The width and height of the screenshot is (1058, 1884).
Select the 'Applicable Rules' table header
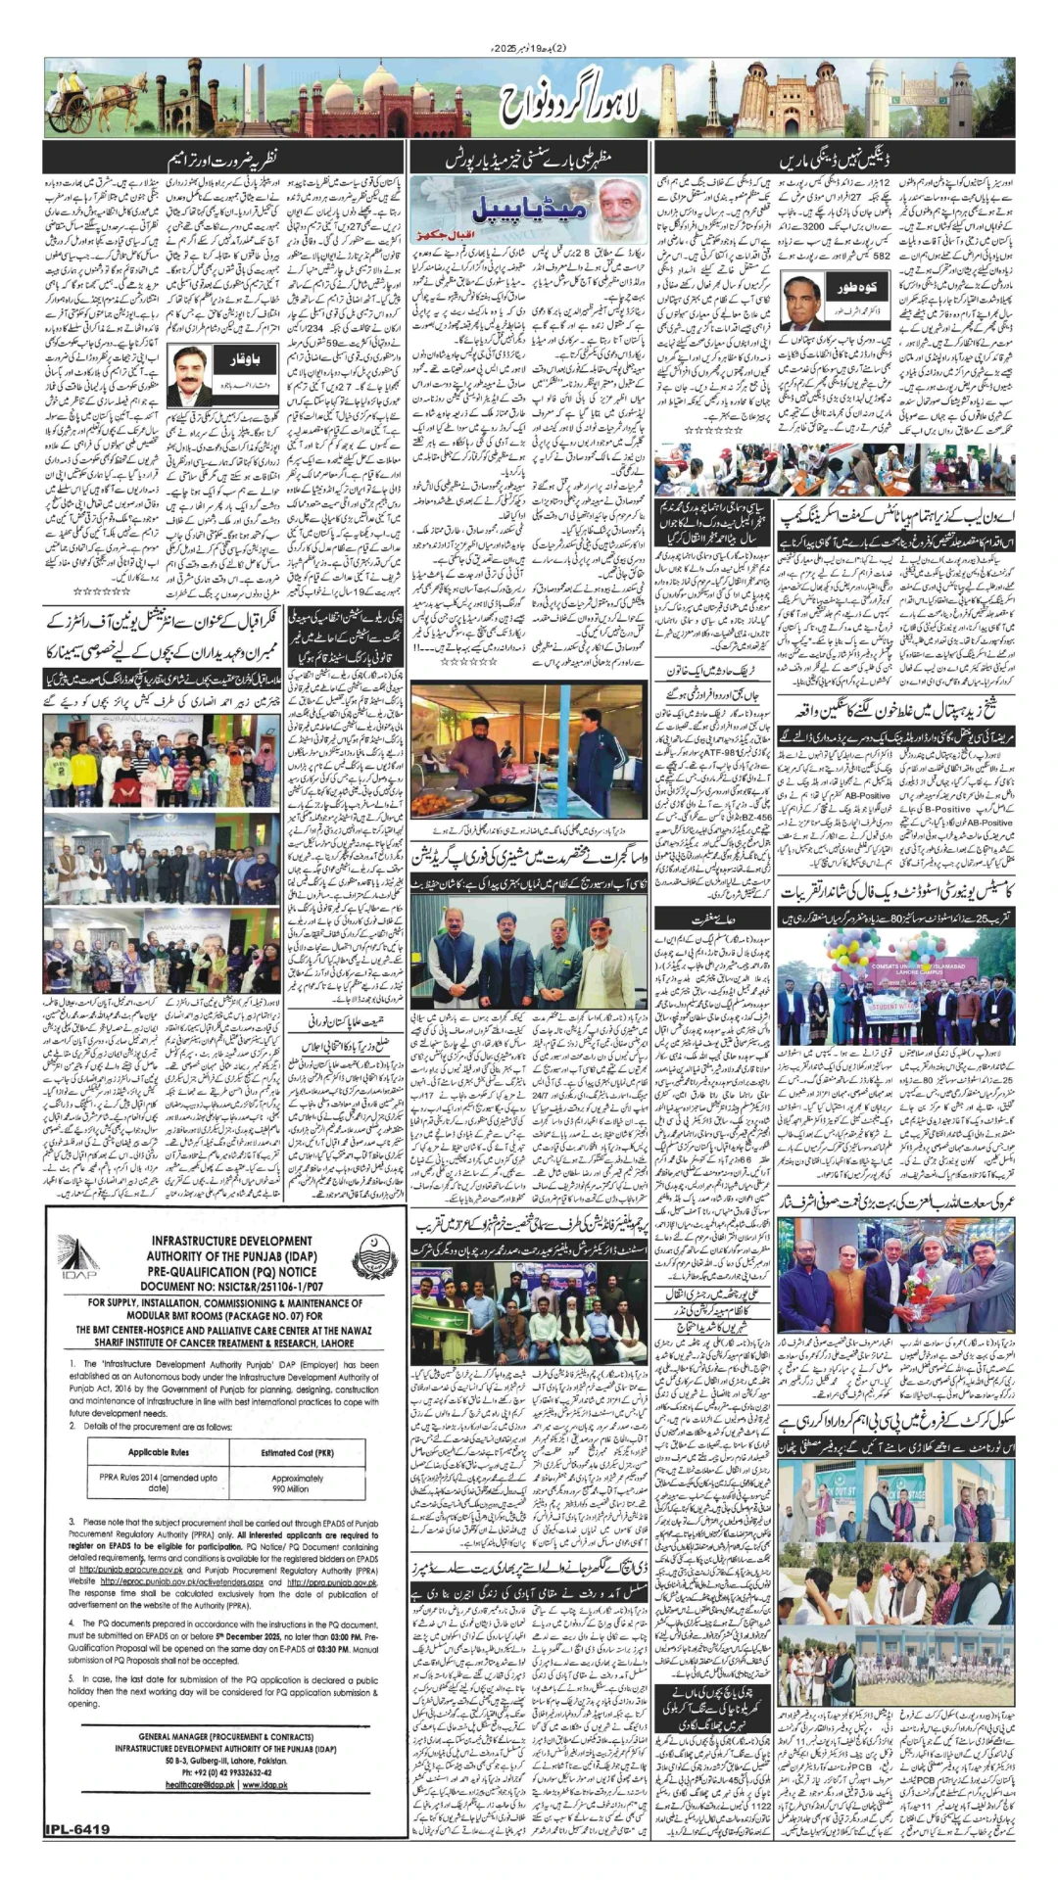coord(159,1452)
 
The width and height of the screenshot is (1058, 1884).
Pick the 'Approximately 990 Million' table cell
coord(290,1484)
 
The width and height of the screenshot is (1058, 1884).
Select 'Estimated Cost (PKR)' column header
coord(290,1452)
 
